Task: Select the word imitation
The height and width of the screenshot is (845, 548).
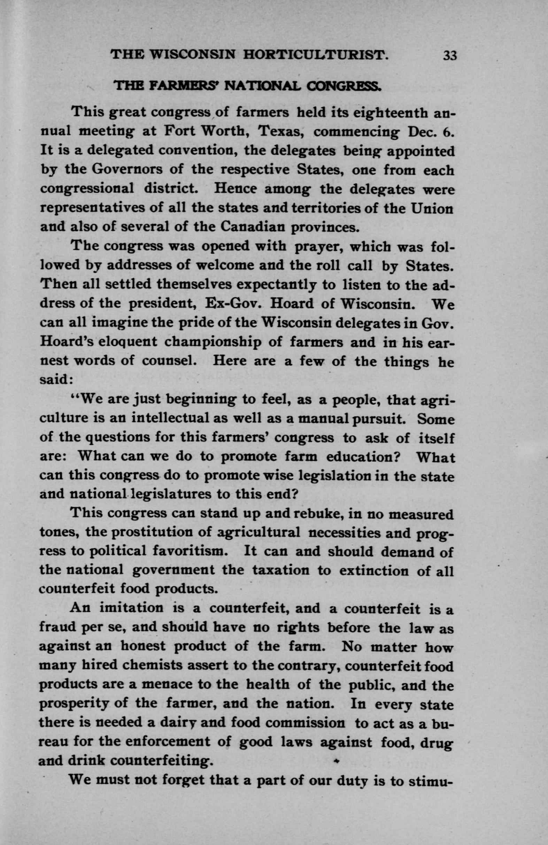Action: [132, 608]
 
